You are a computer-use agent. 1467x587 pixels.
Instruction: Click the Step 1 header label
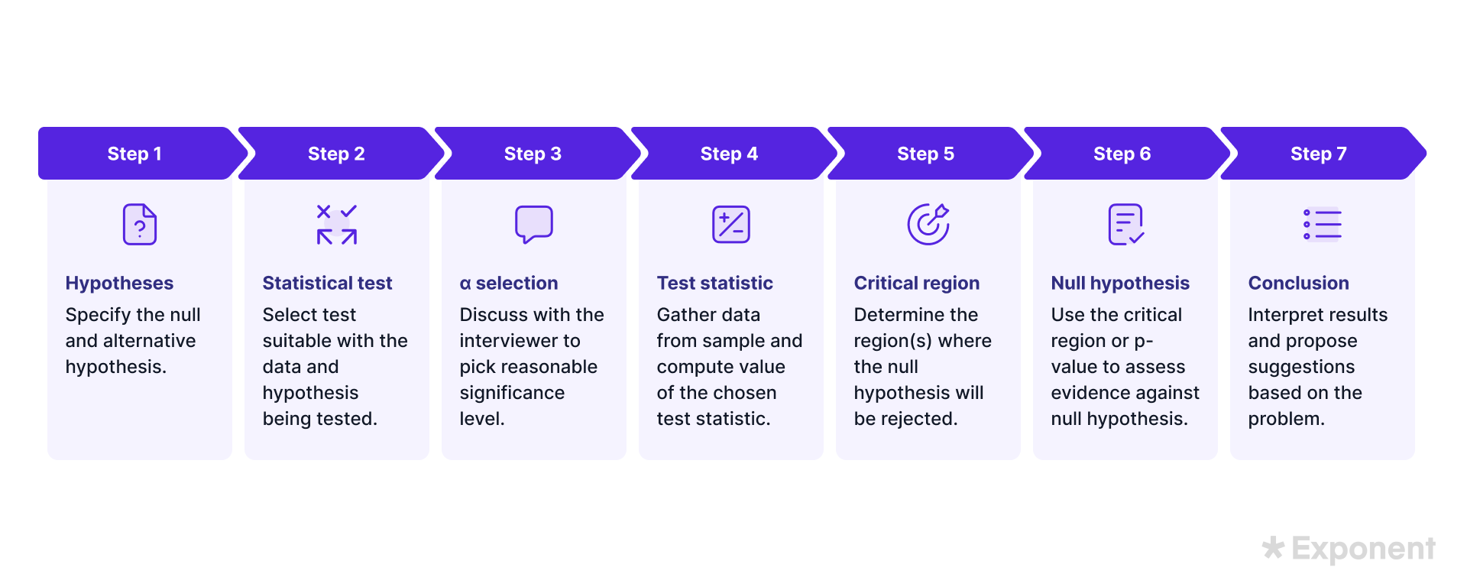pos(134,154)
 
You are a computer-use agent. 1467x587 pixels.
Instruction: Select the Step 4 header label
pos(729,154)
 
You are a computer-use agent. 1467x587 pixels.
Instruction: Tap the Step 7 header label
pos(1318,154)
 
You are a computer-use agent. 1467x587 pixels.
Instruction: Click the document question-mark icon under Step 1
pos(140,224)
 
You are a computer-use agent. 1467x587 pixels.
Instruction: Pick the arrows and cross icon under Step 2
pos(337,224)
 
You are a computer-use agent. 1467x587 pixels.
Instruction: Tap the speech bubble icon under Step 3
pos(534,224)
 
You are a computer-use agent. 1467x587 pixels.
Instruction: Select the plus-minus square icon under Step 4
pos(731,224)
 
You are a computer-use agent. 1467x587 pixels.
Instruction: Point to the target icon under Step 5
pos(928,224)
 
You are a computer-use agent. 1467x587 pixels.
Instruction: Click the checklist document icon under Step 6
pos(1125,224)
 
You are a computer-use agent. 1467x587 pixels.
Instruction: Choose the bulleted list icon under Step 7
pos(1323,224)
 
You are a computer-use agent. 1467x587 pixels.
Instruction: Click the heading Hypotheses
pos(119,284)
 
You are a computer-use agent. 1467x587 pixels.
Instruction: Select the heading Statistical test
pos(327,283)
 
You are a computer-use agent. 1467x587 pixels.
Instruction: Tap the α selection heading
pos(509,283)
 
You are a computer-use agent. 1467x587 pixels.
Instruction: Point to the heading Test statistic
pos(715,283)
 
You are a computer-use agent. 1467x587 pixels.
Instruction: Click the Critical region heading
pos(917,284)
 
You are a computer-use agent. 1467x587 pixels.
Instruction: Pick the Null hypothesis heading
pos(1120,284)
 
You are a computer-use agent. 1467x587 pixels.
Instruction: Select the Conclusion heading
pos(1299,283)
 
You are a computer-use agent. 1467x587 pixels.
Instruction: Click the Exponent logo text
pos(1363,549)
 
